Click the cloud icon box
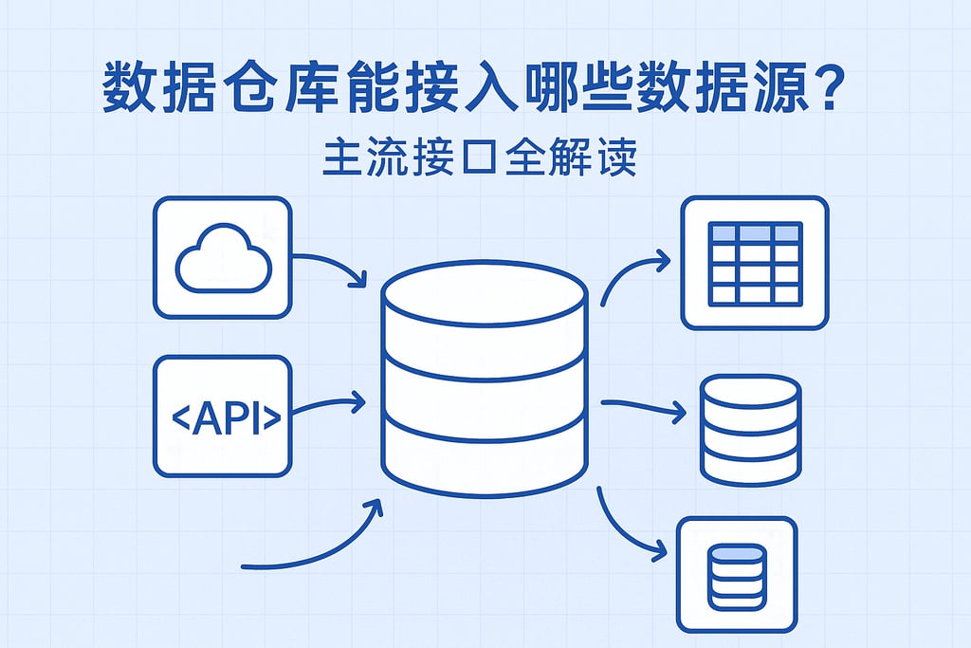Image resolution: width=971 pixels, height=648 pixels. (222, 257)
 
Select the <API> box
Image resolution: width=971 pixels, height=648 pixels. (222, 416)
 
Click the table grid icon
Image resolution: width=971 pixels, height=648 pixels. (755, 263)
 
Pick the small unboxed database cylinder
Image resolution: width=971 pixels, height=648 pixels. (750, 429)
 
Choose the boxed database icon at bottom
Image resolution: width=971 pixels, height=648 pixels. (737, 573)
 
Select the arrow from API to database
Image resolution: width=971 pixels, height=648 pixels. (327, 406)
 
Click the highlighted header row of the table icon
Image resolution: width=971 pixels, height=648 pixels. (756, 233)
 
